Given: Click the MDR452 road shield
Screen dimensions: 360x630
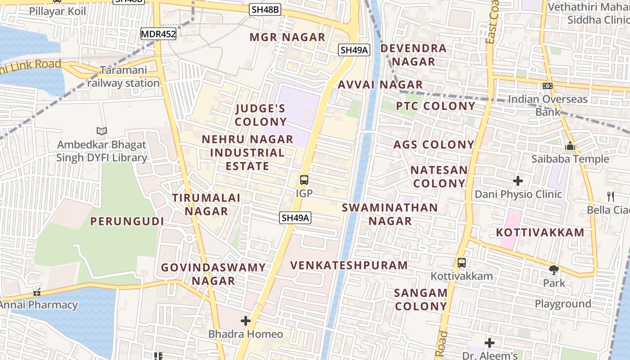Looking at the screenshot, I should click(158, 34).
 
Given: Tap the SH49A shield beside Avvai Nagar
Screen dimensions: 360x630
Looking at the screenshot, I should click(355, 50).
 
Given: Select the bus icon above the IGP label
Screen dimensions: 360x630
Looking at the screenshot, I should click(304, 180).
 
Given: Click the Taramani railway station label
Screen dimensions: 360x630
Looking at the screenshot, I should click(123, 77).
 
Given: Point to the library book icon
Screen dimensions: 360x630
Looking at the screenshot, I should click(102, 131).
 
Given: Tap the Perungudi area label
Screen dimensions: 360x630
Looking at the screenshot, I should click(127, 221).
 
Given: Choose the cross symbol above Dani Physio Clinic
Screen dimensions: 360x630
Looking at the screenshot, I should click(518, 181).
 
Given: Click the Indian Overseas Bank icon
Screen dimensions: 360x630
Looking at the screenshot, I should click(548, 85).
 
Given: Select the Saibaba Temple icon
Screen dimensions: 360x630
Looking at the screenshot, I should click(570, 146).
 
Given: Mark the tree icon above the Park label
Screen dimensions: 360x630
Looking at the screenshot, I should click(554, 270).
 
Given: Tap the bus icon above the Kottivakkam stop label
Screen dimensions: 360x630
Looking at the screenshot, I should click(462, 263).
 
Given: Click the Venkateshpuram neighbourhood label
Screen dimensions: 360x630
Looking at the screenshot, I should click(349, 265).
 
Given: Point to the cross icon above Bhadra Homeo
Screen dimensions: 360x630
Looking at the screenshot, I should click(246, 321).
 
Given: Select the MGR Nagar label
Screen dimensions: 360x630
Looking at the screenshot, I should click(287, 37).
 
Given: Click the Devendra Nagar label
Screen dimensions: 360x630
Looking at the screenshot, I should click(414, 55).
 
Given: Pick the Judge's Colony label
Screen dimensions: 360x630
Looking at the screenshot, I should click(261, 115).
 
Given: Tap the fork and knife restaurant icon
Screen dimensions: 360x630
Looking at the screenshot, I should click(611, 196).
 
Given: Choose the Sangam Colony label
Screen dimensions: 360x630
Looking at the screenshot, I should click(421, 300).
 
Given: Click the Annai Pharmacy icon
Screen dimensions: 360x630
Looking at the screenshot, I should click(37, 292).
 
